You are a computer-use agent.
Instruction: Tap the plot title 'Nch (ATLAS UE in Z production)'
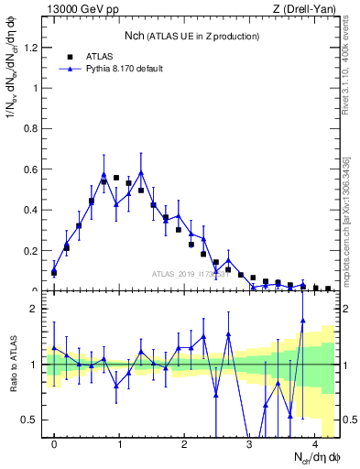191,36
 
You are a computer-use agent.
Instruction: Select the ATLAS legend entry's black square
70,56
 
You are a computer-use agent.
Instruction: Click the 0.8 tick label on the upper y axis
31,129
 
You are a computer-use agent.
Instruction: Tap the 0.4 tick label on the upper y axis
31,210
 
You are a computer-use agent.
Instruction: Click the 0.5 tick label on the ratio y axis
31,420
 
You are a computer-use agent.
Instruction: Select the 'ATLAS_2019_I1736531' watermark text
191,273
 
